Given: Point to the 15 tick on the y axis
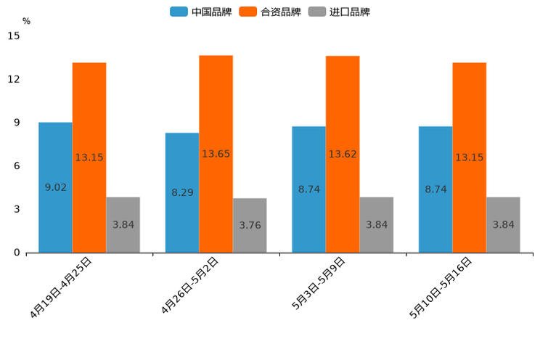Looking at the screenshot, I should (x=14, y=36).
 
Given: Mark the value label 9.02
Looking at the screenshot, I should (x=56, y=187).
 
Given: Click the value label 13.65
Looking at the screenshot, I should (x=216, y=154).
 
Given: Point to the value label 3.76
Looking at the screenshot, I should (x=250, y=225).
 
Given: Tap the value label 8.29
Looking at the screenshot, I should (x=182, y=192).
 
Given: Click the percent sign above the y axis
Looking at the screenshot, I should (x=26, y=21).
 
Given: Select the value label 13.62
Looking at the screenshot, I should (x=343, y=154).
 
